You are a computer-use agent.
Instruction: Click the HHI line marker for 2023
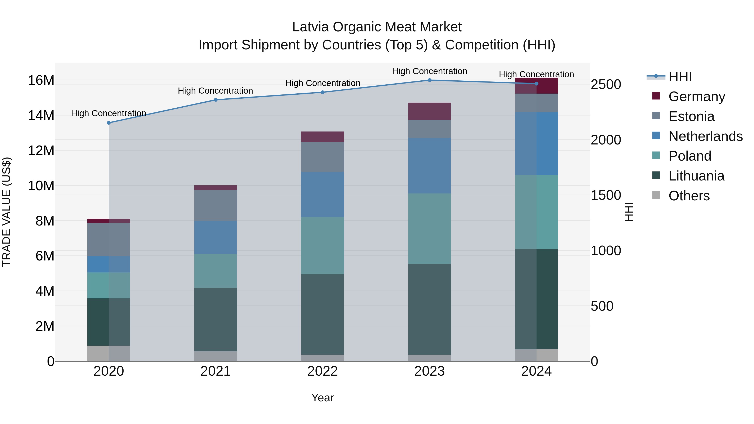tap(429, 80)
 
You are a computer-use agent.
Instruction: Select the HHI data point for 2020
tap(109, 123)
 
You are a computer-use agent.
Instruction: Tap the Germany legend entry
tap(697, 97)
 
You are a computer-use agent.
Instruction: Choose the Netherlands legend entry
tap(705, 136)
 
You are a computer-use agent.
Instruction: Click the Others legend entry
tap(689, 196)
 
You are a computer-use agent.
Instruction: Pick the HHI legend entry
tap(680, 77)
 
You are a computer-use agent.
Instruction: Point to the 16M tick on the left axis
tap(41, 80)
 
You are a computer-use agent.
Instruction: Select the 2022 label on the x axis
tap(323, 371)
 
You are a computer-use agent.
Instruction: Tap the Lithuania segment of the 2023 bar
tap(429, 309)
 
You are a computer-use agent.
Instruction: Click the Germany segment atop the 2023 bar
tap(429, 111)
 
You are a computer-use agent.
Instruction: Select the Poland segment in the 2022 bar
tap(323, 246)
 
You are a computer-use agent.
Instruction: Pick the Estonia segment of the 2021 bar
tap(216, 205)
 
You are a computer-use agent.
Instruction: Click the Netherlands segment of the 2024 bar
tap(537, 144)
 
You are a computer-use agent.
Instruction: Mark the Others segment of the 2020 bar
tap(108, 353)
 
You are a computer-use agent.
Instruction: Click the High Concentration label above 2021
tap(216, 91)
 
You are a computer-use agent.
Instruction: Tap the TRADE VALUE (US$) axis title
tap(6, 212)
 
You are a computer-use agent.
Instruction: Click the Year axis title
tap(323, 398)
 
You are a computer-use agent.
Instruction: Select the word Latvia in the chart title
tap(311, 27)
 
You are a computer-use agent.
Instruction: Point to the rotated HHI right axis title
tap(628, 212)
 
